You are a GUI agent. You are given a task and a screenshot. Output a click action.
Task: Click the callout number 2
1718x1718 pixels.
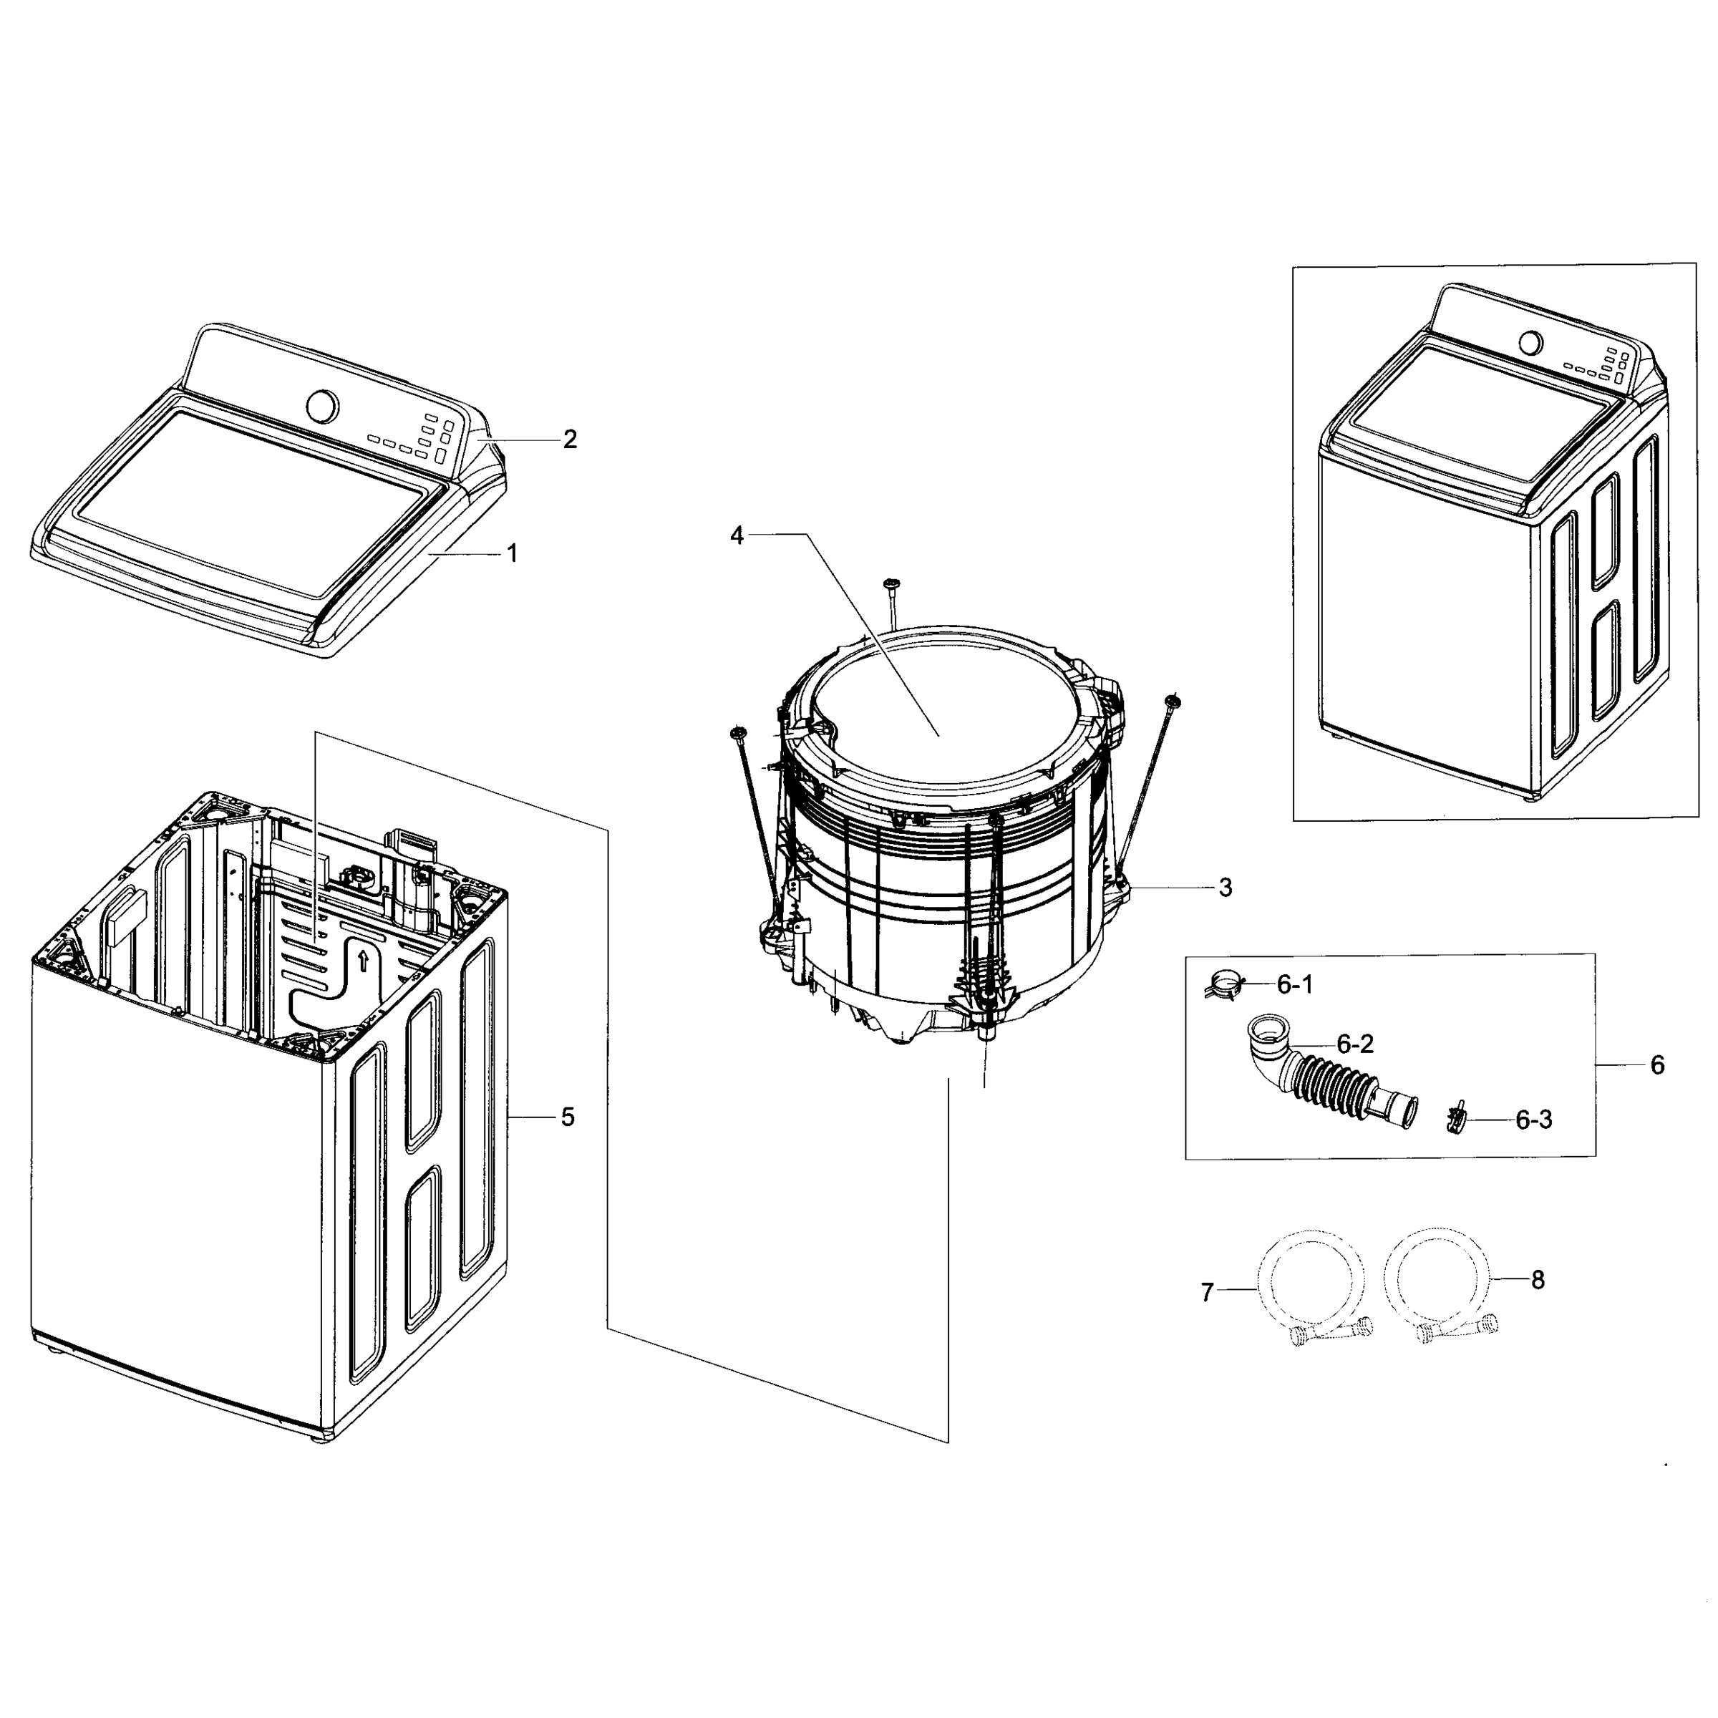(x=570, y=440)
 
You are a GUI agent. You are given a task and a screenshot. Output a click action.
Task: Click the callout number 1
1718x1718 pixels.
(x=513, y=554)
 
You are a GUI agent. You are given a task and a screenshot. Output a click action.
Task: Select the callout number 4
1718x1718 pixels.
(x=737, y=536)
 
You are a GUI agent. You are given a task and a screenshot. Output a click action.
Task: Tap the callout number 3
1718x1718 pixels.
(x=1226, y=888)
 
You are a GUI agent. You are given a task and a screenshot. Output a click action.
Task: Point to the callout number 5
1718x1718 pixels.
(x=568, y=1117)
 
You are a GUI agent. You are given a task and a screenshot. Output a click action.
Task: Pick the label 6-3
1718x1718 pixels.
(x=1533, y=1120)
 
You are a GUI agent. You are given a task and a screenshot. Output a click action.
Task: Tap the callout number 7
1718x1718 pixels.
(x=1207, y=1293)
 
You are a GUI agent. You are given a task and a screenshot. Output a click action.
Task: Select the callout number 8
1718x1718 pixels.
(x=1538, y=1281)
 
